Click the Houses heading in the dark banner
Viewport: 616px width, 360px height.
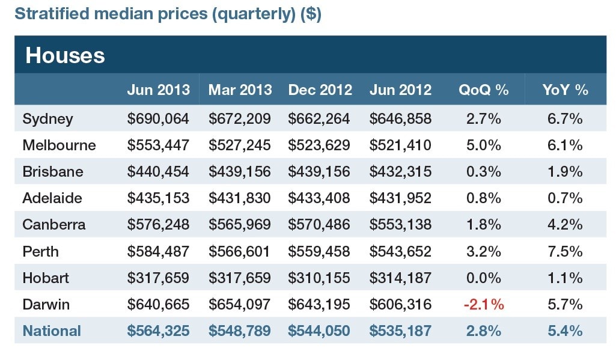pyautogui.click(x=66, y=55)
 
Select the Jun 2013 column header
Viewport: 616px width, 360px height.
pyautogui.click(x=158, y=90)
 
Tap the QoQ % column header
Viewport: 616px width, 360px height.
pyautogui.click(x=484, y=90)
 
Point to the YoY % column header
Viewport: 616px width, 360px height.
pyautogui.click(x=565, y=90)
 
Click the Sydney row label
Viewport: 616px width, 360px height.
pyautogui.click(x=47, y=119)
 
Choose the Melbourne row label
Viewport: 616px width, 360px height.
pyautogui.click(x=59, y=145)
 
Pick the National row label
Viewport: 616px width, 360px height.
pyautogui.click(x=52, y=331)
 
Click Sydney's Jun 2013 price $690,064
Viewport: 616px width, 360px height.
pyautogui.click(x=158, y=118)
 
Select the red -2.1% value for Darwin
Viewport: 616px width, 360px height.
pyautogui.click(x=484, y=304)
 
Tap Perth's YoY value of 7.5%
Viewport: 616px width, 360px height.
pyautogui.click(x=565, y=251)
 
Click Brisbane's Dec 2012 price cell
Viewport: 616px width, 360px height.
pyautogui.click(x=319, y=171)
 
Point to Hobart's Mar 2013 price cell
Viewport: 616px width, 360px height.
pyautogui.click(x=239, y=278)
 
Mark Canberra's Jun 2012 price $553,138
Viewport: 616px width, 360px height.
pyautogui.click(x=400, y=224)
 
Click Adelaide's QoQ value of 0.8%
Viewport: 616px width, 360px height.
pyautogui.click(x=484, y=198)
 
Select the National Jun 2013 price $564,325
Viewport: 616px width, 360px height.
pyautogui.click(x=158, y=331)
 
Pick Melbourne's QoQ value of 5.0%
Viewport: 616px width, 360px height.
pyautogui.click(x=484, y=145)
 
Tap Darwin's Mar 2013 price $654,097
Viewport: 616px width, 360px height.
pyautogui.click(x=239, y=304)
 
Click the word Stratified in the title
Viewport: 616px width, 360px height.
pyautogui.click(x=52, y=13)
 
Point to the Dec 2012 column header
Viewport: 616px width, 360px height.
pyautogui.click(x=320, y=90)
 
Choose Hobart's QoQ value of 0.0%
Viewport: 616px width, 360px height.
pyautogui.click(x=484, y=278)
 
